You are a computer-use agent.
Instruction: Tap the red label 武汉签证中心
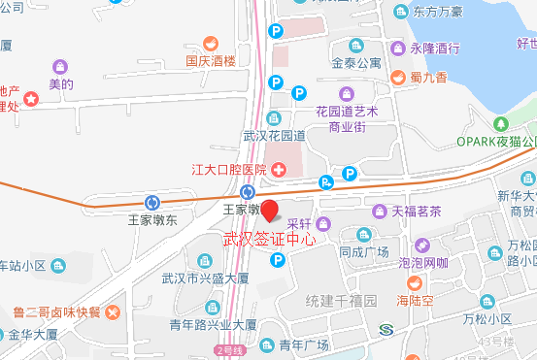[x=270, y=239]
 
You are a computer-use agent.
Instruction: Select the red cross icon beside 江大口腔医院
[x=279, y=171]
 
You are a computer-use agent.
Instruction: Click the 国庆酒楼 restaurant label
[x=211, y=58]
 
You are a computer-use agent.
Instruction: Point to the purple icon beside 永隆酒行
[x=397, y=48]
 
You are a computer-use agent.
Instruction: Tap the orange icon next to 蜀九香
[x=397, y=77]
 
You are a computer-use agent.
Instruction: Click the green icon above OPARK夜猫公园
[x=501, y=124]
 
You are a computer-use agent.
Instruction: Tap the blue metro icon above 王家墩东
[x=151, y=202]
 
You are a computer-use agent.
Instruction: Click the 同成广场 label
[x=364, y=251]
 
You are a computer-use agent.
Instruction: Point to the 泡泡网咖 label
[x=422, y=262]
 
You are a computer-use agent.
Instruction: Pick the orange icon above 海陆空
[x=415, y=282]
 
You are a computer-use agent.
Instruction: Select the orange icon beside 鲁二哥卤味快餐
[x=114, y=311]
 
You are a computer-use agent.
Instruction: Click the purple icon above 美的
[x=60, y=66]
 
